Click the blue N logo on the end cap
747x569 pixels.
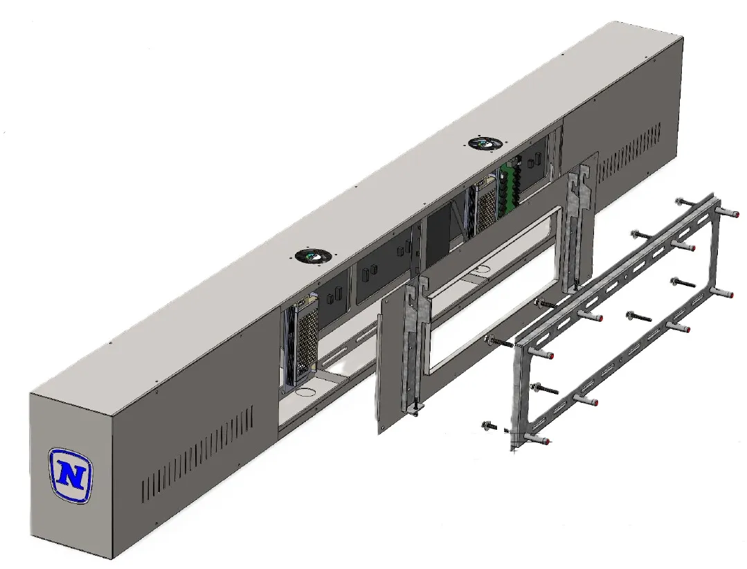pyautogui.click(x=71, y=475)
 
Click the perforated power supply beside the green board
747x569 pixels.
pyautogui.click(x=485, y=205)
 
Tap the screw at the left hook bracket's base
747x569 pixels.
pyautogui.click(x=418, y=409)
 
